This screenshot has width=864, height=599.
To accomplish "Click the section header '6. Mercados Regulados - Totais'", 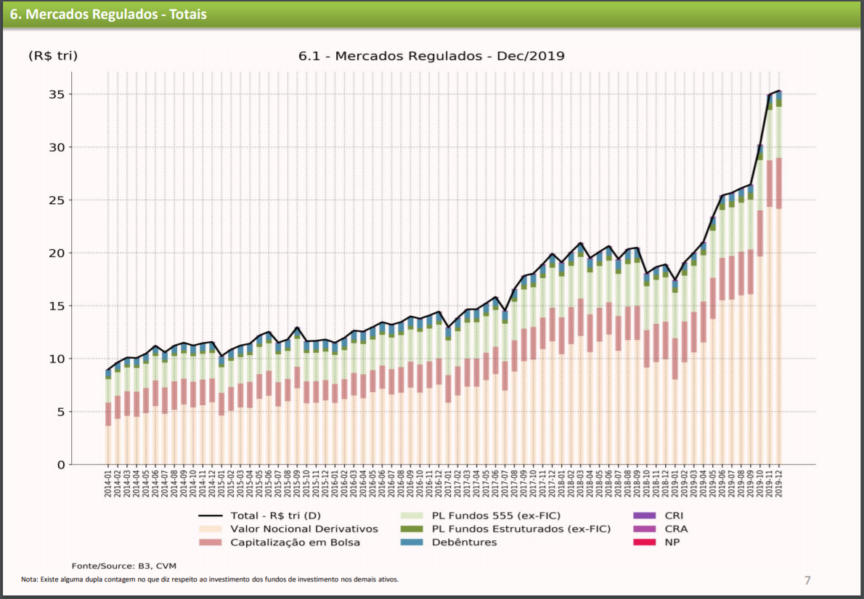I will click(107, 15).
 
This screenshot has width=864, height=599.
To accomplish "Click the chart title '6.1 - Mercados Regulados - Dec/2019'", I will click(431, 56).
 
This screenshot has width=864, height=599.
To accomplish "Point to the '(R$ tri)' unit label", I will click(53, 56).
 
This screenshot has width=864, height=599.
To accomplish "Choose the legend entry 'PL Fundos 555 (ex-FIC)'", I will click(493, 516).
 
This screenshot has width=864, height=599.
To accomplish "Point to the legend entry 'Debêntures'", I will click(464, 542).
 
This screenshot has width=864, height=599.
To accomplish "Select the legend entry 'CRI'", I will click(674, 516).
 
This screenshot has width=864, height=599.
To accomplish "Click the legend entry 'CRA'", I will click(675, 529).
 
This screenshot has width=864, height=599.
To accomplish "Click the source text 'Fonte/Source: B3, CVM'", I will click(124, 566).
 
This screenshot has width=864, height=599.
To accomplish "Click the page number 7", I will click(807, 580).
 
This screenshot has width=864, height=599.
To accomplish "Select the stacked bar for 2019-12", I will click(779, 290).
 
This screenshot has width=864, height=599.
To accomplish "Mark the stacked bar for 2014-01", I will click(108, 421).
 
